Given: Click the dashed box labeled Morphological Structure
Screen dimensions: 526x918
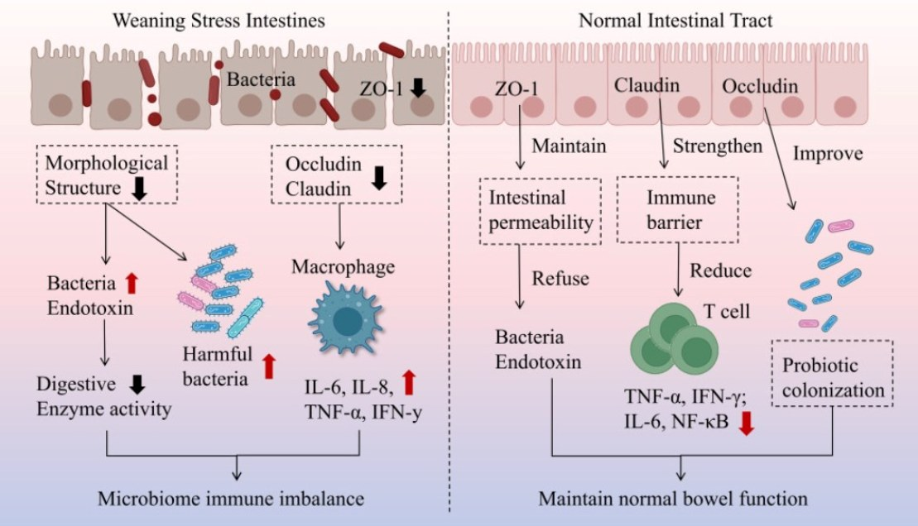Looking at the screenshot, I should [x=107, y=175].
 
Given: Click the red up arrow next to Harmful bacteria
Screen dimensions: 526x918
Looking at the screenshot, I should [x=267, y=366].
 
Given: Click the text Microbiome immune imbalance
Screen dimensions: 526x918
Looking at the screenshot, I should [x=231, y=500].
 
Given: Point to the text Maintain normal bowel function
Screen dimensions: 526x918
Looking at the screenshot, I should [x=672, y=500].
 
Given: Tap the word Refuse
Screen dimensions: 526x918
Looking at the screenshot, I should [x=560, y=279].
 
